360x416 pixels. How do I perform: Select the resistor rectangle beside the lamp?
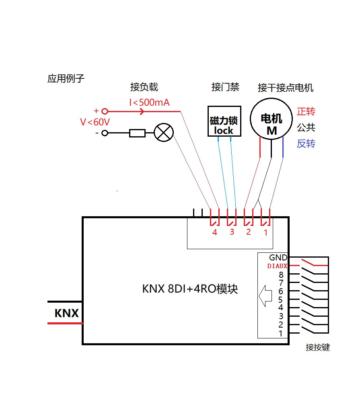(137, 133)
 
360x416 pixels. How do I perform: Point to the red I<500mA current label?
(149, 102)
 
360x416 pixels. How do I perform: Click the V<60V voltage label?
(95, 122)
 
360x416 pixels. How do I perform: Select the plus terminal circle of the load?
(105, 111)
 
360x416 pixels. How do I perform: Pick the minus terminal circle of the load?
(105, 133)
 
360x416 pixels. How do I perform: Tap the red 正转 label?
(306, 111)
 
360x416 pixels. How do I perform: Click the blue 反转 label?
(306, 143)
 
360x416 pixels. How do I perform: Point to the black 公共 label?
(306, 127)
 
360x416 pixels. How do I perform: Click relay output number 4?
(214, 232)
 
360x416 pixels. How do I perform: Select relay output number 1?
(265, 233)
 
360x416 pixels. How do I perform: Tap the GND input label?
(278, 257)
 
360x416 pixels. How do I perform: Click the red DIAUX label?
(277, 266)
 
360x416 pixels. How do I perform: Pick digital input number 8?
(281, 275)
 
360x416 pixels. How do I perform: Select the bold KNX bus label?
(66, 313)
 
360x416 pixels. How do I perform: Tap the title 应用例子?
(66, 78)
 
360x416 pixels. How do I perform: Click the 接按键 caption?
(317, 347)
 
